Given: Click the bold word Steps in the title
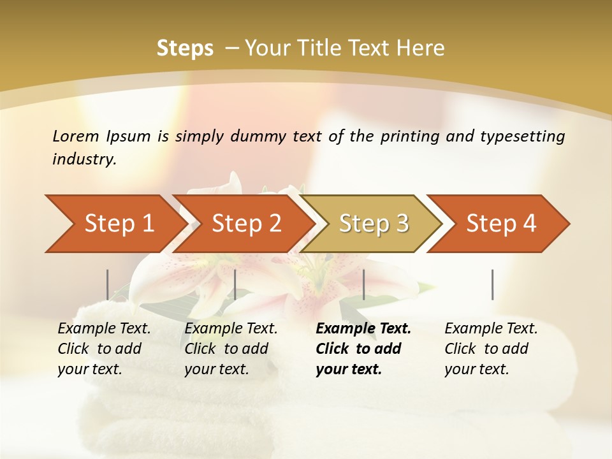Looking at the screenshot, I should point(185,48).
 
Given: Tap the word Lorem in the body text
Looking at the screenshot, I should point(75,136).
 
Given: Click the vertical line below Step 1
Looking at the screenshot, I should point(107,284).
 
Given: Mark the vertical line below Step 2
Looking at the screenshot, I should point(235,284).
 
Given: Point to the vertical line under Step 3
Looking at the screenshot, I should point(363,284).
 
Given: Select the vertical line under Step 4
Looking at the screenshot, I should point(492,284).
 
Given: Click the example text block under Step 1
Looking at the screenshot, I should point(104,349).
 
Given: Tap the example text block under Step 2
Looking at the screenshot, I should point(231,349).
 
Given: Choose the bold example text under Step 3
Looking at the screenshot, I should point(363,349).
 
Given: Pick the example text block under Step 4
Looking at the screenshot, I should point(491,349).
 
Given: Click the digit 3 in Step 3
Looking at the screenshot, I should point(402,224).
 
